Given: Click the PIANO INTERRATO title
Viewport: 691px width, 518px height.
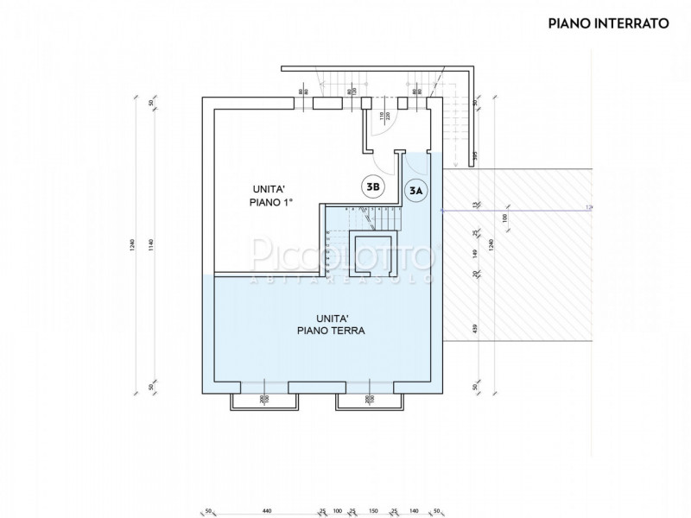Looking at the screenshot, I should point(609,23).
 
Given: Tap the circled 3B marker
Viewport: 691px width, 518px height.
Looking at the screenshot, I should point(373,186).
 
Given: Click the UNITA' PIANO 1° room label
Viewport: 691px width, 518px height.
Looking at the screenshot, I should point(274,194).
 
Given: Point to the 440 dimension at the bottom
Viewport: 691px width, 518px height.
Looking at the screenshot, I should point(267,509).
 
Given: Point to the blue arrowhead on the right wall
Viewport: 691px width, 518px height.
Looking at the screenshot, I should point(443,210).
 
